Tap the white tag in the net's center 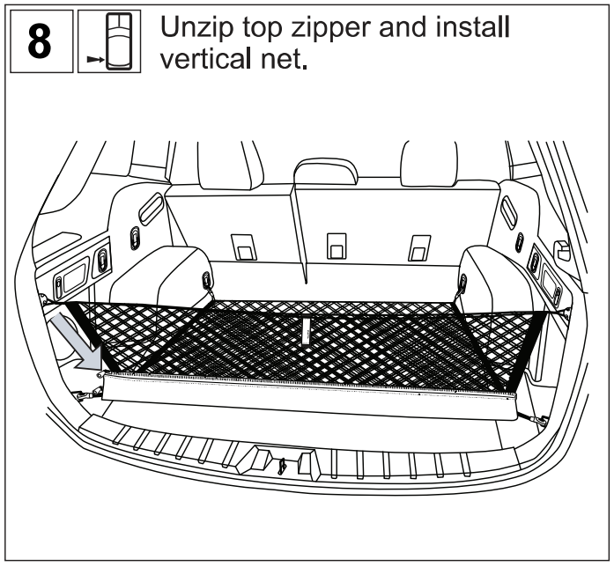coord(305,332)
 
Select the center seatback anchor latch coord(336,246)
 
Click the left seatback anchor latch coord(243,246)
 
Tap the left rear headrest coord(226,161)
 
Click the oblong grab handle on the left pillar coord(152,210)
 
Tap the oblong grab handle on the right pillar coord(509,210)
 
